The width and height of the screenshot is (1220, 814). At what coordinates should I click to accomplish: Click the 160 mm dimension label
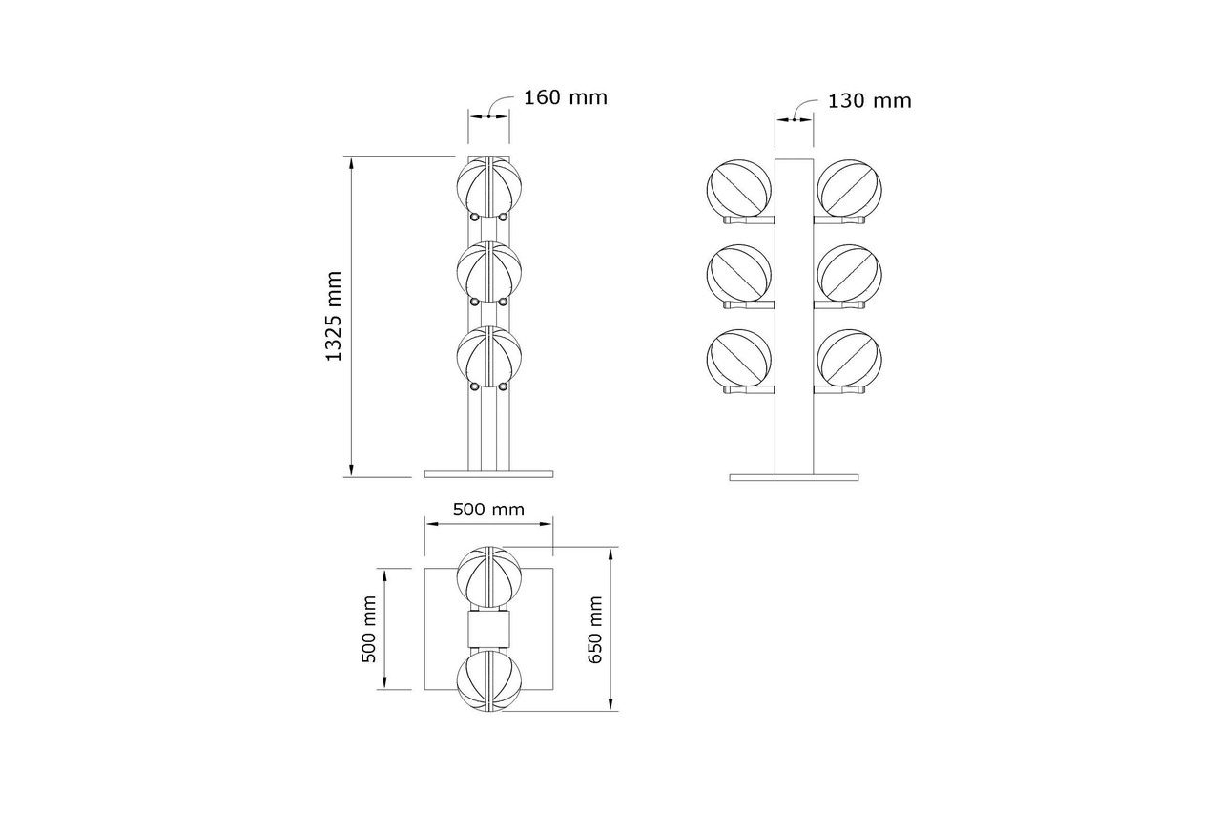point(566,98)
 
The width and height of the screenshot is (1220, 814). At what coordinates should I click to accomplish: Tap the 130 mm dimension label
point(869,101)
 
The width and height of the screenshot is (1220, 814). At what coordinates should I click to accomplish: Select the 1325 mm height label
point(333,316)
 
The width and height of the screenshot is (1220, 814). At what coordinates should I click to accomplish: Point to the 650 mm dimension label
point(595,629)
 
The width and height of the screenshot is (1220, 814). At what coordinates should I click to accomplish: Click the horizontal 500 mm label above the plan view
point(488,510)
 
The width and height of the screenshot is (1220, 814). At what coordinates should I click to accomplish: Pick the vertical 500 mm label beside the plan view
point(369,629)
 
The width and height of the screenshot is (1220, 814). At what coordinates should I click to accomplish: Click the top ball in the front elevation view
point(489,186)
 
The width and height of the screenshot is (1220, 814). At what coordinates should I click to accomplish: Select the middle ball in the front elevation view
point(489,271)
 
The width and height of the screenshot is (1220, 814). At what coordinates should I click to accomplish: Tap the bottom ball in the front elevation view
point(489,356)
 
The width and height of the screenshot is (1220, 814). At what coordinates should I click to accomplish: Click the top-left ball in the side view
point(739,188)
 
